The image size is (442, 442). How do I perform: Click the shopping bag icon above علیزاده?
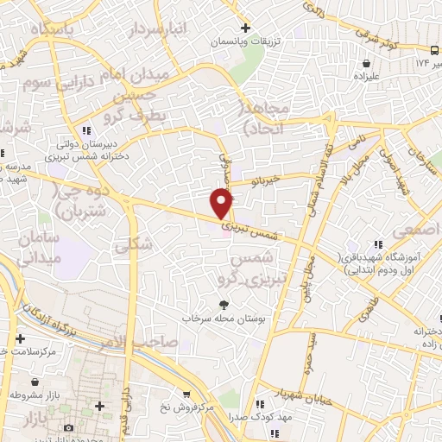point(368,63)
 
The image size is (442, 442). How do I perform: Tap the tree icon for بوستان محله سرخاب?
point(224,305)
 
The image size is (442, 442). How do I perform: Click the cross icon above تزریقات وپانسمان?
point(246,28)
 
